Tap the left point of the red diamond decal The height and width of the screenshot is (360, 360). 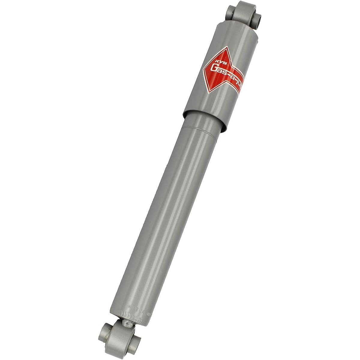coord(203,70)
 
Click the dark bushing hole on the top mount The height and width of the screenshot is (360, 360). coord(257,18)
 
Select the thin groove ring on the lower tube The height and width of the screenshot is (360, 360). coord(201,132)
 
